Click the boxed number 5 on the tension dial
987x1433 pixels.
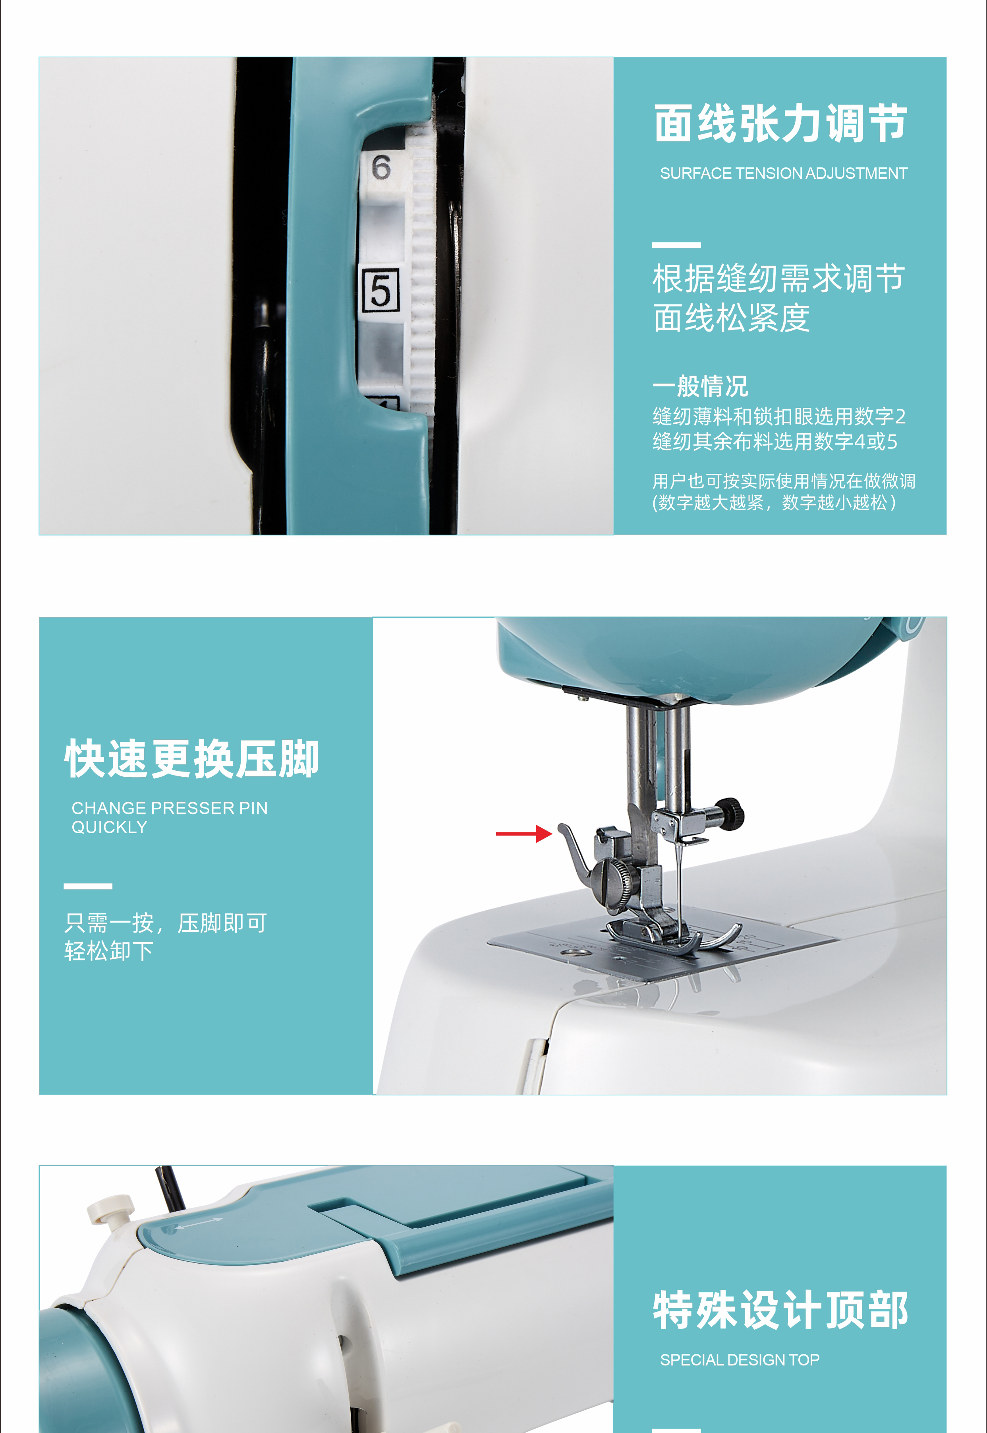381,289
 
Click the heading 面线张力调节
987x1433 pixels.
780,124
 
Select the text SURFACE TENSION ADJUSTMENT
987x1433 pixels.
783,174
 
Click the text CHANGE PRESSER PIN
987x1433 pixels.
170,808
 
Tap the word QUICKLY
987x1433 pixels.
110,827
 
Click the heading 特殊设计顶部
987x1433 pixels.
780,1310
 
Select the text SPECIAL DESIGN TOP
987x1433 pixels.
740,1360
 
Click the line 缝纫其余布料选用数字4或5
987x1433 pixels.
774,442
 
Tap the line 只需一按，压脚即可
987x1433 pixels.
166,923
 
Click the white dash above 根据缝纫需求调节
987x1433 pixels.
676,245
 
